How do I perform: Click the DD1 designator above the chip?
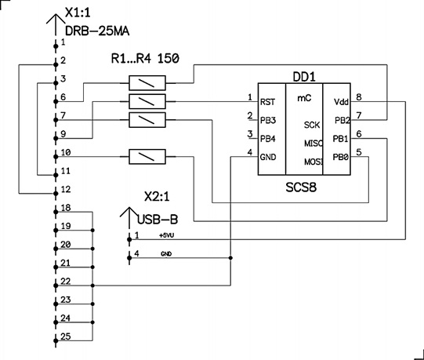point(304,77)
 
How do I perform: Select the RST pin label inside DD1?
point(267,102)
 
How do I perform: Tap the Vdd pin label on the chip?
point(341,102)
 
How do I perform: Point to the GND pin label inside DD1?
point(268,157)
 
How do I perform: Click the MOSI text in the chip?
point(313,162)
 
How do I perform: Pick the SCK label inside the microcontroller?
point(312,125)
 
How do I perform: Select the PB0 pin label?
point(340,157)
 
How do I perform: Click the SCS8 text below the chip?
point(301,187)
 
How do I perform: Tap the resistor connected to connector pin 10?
point(147,156)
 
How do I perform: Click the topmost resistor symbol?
point(147,83)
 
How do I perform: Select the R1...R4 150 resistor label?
point(145,58)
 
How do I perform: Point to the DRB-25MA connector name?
point(97,31)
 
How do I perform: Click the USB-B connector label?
point(158,220)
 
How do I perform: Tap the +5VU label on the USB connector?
point(167,235)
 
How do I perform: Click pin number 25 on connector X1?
point(65,336)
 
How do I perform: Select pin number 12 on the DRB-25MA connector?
point(65,189)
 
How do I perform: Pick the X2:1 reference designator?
point(157,197)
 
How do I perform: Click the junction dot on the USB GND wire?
point(230,258)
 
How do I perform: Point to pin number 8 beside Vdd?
point(359,97)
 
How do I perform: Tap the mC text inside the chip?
point(304,98)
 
